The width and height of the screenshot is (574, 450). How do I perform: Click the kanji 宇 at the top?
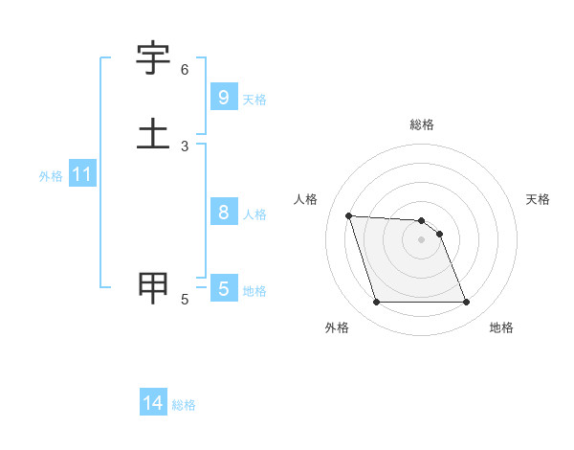[153, 58]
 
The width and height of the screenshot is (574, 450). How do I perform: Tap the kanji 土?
[153, 133]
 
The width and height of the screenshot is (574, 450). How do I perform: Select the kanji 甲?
[153, 286]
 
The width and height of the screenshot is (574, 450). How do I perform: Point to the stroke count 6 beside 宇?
[185, 70]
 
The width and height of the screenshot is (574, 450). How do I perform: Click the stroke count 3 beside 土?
[185, 146]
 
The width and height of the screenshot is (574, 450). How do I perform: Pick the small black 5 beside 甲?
[185, 300]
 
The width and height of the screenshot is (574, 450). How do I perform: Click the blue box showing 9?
[223, 98]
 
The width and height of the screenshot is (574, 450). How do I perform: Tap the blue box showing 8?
[223, 213]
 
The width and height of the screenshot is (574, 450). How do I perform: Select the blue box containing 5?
[223, 289]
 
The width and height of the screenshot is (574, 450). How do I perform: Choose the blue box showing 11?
[82, 175]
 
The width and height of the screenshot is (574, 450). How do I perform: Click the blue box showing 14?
[153, 403]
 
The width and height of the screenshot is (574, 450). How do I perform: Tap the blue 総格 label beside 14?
[184, 405]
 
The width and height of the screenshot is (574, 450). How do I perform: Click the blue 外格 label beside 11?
[51, 176]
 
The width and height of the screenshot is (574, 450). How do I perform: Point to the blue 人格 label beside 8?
[254, 214]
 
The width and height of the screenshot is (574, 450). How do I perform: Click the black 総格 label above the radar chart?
[422, 125]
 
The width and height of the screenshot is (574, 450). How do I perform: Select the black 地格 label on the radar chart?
[501, 327]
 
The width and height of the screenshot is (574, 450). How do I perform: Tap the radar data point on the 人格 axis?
[348, 215]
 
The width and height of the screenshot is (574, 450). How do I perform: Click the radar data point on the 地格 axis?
[466, 303]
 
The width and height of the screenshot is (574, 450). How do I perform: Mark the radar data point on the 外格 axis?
[376, 303]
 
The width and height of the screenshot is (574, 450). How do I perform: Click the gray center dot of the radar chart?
[421, 239]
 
